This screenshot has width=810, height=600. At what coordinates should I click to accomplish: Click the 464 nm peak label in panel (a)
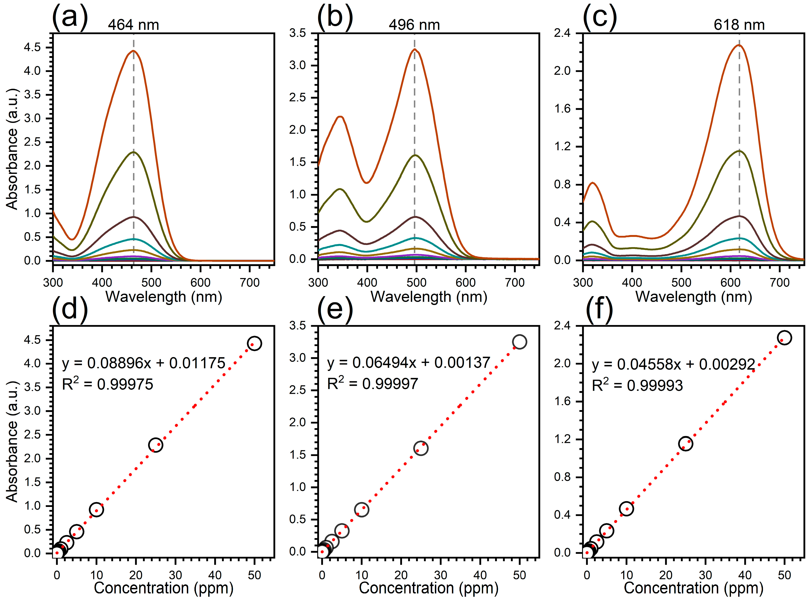[x=133, y=25]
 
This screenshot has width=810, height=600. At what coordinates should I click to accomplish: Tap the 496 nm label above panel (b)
[x=414, y=25]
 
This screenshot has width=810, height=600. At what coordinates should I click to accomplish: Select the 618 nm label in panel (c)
[x=739, y=25]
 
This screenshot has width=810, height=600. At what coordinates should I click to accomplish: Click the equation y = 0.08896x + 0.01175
[x=144, y=363]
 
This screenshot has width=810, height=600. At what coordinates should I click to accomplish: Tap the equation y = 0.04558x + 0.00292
[x=673, y=364]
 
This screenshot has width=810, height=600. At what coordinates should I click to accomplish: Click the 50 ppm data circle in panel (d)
[x=254, y=343]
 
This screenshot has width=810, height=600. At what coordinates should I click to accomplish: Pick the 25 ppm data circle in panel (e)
[x=421, y=448]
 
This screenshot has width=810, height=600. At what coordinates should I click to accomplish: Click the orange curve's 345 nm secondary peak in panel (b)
[x=340, y=117]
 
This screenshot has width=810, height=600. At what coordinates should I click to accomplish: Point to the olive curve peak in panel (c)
[x=739, y=151]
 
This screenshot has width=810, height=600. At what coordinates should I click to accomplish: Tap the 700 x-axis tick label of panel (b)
[x=515, y=283]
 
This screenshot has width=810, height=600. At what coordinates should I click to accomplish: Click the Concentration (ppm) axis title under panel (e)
[x=429, y=587]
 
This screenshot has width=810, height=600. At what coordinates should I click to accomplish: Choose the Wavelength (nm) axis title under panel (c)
[x=694, y=297]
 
